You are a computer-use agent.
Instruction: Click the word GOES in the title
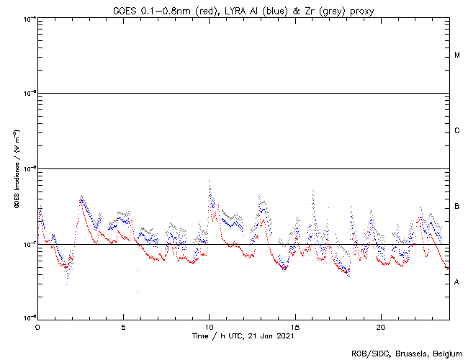125,9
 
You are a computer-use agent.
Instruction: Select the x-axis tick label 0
37,326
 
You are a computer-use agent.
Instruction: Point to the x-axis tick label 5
123,326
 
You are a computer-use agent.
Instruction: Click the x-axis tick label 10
209,326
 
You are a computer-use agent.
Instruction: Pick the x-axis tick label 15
294,326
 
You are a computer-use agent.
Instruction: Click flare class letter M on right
457,55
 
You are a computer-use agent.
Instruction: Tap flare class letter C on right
457,131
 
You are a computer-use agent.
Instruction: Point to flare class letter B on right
457,207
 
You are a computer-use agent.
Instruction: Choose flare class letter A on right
457,282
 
